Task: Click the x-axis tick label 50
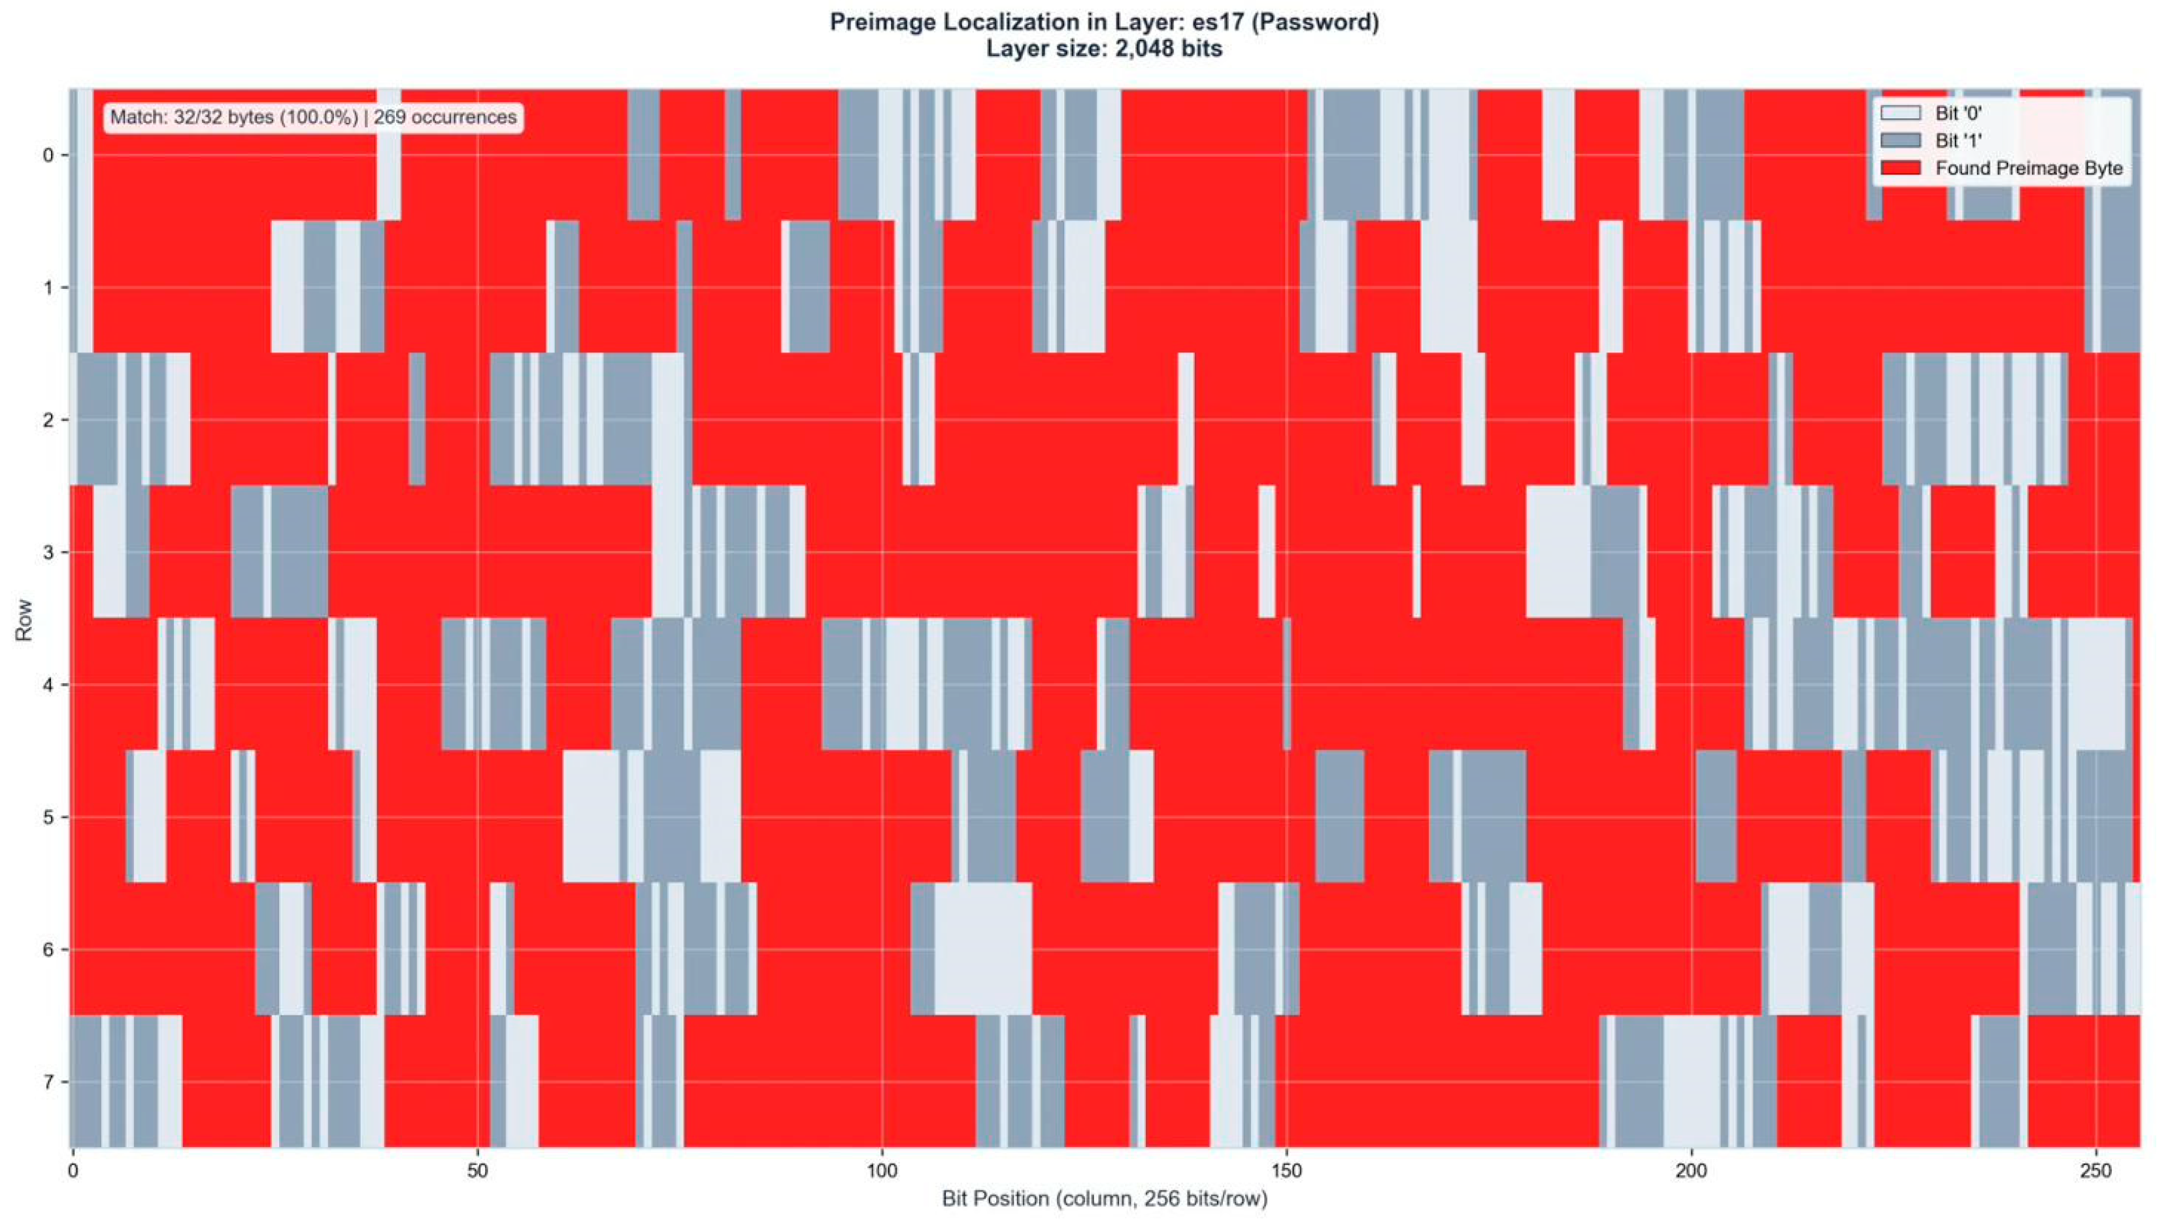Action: [478, 1171]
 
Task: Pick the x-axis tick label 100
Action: [882, 1171]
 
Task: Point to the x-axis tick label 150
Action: [1286, 1171]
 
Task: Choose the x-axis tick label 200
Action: [1691, 1171]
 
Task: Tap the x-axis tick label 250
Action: [2095, 1171]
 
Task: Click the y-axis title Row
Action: [24, 619]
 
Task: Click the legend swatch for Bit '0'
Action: [1901, 113]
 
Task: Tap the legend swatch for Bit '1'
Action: [1901, 140]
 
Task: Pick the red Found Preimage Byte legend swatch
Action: [1901, 167]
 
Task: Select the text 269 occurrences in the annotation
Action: [444, 117]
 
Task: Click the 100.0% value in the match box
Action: [318, 117]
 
